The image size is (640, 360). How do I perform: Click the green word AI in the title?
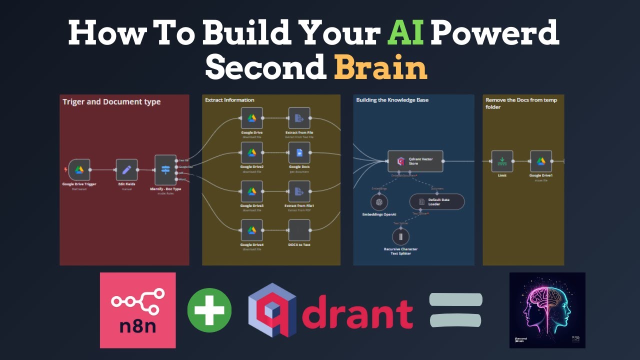click(406, 33)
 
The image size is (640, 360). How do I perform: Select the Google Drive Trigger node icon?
click(79, 170)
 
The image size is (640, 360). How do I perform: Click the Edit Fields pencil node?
click(126, 170)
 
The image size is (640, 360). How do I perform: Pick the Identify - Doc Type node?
click(165, 170)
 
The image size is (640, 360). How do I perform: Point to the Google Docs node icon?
click(299, 152)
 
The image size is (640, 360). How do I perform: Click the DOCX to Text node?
click(299, 230)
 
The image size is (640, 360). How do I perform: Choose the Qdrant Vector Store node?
click(415, 161)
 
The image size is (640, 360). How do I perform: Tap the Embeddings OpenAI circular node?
click(379, 202)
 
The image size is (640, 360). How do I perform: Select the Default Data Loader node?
click(436, 201)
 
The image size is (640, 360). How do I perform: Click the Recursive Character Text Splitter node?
click(400, 236)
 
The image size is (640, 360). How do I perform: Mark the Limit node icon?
click(502, 161)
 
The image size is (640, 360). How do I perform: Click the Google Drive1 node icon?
click(541, 161)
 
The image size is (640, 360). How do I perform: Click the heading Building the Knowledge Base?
click(392, 100)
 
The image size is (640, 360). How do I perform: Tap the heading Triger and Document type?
click(111, 102)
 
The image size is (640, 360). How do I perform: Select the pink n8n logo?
click(138, 310)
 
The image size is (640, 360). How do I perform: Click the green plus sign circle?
click(209, 310)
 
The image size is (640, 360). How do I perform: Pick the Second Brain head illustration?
click(547, 310)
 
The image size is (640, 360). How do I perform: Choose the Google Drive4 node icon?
click(252, 230)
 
